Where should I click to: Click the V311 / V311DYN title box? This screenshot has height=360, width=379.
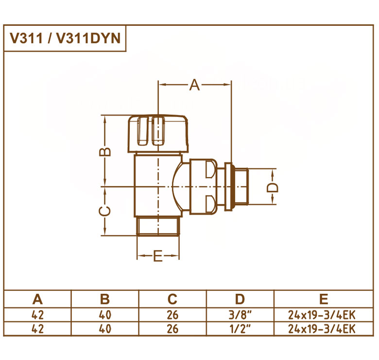click(65, 38)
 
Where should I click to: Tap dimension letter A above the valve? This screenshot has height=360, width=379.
click(194, 85)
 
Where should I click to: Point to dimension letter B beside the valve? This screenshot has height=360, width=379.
click(105, 152)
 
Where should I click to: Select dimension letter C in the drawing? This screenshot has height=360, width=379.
click(105, 211)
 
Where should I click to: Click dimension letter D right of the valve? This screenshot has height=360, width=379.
click(273, 187)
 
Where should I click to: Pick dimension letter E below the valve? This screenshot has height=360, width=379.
click(158, 256)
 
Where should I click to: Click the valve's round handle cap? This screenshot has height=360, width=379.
click(158, 134)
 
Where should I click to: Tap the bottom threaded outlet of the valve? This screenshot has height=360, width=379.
click(158, 226)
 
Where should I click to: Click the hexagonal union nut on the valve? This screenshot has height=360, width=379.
click(203, 186)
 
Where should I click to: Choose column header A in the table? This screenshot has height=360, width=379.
click(37, 299)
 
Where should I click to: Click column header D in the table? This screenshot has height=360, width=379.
click(240, 299)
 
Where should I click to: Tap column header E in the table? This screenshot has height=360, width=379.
click(324, 299)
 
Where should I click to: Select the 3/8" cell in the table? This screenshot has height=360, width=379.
click(240, 315)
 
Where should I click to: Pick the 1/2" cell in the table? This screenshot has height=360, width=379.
click(240, 329)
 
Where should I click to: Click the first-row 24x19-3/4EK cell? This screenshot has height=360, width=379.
click(322, 315)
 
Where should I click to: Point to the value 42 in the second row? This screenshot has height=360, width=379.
click(38, 329)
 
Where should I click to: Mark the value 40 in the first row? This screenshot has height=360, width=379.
click(105, 315)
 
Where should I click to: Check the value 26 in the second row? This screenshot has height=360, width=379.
click(172, 329)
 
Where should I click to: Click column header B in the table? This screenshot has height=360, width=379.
click(105, 299)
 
